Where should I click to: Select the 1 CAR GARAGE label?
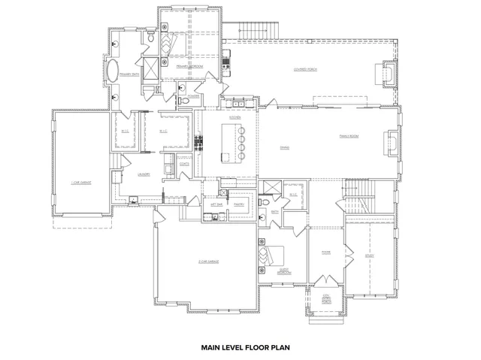click(x=80, y=182)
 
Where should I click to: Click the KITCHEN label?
click(x=234, y=118)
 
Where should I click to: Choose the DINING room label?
click(x=285, y=147)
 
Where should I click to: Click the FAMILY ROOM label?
click(x=348, y=136)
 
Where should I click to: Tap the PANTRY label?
click(x=240, y=203)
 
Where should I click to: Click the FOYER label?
click(x=326, y=252)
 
